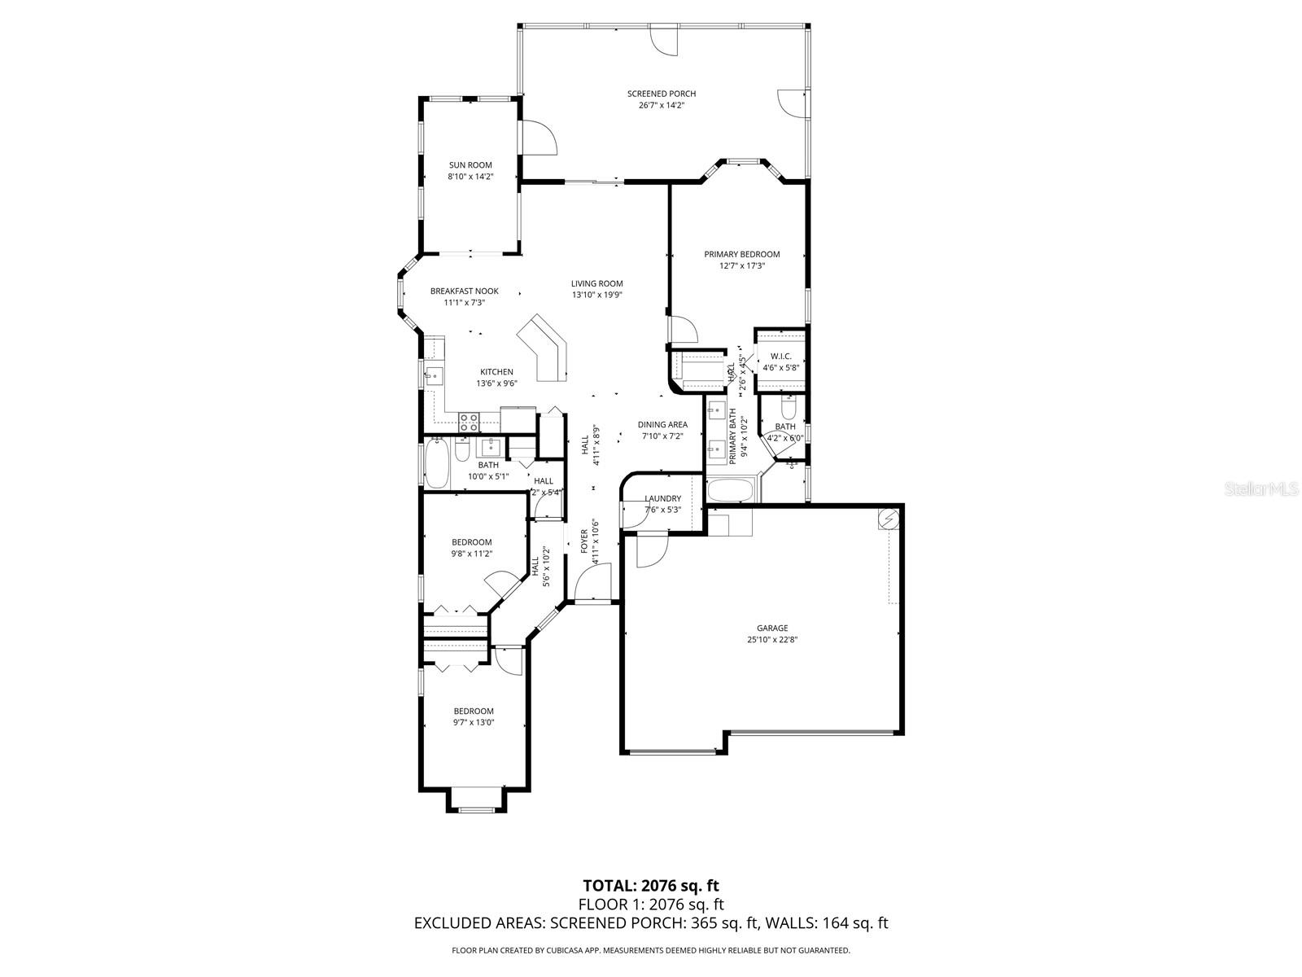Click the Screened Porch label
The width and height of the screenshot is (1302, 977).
click(x=661, y=94)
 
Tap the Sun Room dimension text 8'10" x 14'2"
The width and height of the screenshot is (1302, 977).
click(x=470, y=177)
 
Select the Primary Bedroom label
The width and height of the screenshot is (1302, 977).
click(x=741, y=254)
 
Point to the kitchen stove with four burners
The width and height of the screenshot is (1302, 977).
click(x=469, y=422)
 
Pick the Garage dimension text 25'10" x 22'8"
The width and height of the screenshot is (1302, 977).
click(x=772, y=640)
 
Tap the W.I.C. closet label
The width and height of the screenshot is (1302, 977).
click(x=781, y=356)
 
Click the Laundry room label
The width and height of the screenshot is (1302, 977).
click(x=662, y=499)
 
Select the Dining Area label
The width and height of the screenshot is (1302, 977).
click(x=662, y=424)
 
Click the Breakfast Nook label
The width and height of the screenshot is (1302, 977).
click(x=464, y=291)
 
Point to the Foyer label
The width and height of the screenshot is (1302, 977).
click(x=584, y=541)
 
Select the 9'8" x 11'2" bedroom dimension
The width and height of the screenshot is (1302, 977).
click(x=472, y=554)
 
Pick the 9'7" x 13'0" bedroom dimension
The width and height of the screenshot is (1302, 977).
click(x=474, y=722)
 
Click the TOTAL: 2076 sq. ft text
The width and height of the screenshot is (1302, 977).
click(x=651, y=885)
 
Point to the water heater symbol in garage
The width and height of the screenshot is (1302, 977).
click(x=889, y=518)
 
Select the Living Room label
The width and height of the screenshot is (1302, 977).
click(x=596, y=284)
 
